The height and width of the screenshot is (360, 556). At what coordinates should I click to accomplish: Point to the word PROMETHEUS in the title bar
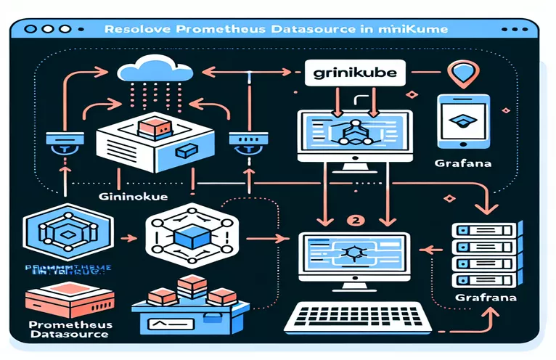(x=210, y=31)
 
